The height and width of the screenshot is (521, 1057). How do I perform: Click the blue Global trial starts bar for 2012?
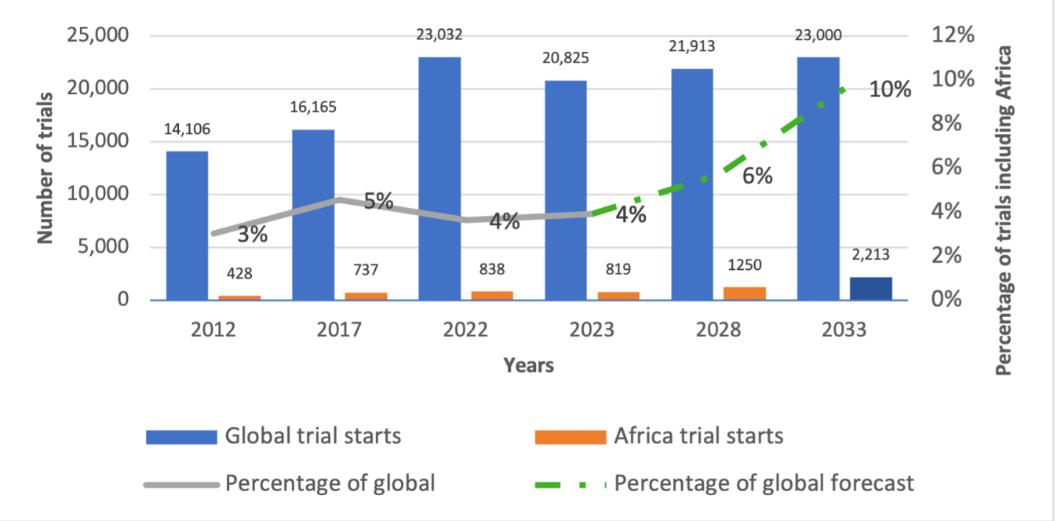click(187, 225)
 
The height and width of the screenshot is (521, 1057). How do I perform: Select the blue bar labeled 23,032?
click(439, 178)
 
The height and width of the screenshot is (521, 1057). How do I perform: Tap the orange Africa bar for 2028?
click(744, 293)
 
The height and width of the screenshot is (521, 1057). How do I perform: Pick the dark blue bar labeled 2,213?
click(870, 288)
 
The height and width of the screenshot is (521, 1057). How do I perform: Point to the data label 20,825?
click(565, 58)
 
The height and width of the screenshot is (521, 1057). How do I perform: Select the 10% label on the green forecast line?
click(890, 89)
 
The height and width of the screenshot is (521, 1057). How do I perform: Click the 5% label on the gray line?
click(378, 201)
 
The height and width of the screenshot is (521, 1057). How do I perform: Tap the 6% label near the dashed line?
click(757, 176)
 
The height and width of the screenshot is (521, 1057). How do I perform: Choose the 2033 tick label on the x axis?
click(844, 330)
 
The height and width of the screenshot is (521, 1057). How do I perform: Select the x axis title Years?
click(528, 365)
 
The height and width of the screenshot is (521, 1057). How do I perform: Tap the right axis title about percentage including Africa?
click(1003, 209)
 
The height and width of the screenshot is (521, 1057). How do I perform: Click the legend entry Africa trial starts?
click(698, 435)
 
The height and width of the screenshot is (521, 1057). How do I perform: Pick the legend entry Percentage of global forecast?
click(764, 483)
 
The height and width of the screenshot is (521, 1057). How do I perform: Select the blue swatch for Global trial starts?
click(180, 436)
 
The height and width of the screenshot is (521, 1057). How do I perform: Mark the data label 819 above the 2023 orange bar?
click(618, 271)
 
